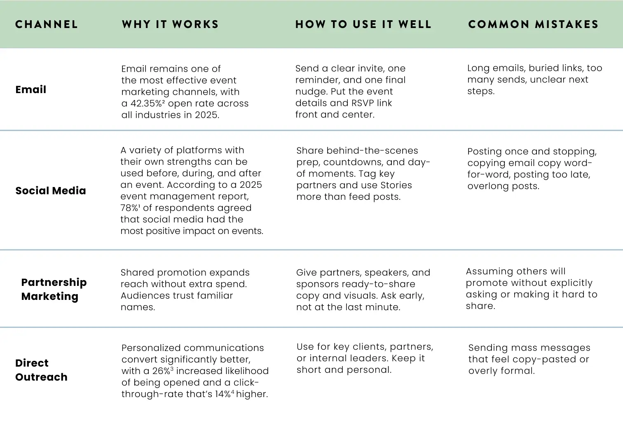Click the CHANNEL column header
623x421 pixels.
47,24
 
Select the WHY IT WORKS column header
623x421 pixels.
170,24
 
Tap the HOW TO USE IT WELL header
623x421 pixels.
363,24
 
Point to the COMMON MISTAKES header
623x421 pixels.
533,24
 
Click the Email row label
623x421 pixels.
30,89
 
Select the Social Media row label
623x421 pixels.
51,190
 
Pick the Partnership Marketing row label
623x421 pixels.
54,289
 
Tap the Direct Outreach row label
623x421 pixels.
41,370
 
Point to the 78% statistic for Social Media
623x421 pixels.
129,208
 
